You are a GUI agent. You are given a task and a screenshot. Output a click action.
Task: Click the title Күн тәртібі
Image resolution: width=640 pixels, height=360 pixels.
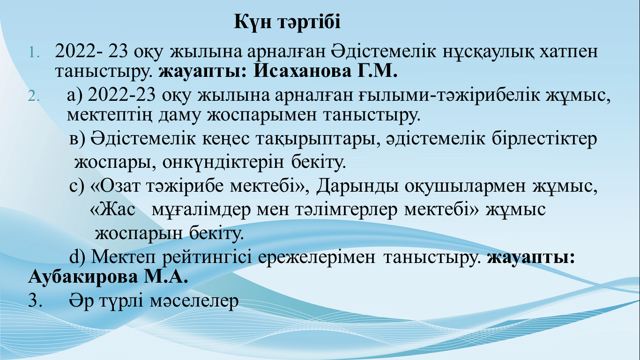coord(287,22)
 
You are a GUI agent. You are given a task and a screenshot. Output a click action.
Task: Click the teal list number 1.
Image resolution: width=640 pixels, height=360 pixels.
coord(34,52)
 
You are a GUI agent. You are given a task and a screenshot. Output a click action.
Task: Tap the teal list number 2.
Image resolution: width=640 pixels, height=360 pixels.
coord(34,96)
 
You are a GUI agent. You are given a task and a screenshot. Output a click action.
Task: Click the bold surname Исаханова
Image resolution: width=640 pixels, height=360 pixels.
coord(302,72)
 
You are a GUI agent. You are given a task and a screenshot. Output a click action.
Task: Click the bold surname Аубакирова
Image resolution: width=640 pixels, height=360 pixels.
coord(83,277)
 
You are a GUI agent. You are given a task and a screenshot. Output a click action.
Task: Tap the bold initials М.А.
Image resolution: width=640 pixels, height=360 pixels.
coord(166,277)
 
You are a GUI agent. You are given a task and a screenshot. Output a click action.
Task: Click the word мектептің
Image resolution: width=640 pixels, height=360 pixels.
coord(109,115)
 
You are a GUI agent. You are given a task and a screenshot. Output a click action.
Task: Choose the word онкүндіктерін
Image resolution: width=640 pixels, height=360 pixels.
coord(223,163)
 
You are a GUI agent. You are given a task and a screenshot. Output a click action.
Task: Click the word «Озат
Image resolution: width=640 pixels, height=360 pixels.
coord(115,186)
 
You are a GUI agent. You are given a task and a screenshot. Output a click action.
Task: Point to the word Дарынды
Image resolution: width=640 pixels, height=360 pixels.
coord(357,186)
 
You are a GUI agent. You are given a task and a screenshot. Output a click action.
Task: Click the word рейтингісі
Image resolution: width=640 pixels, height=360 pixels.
coord(207,257)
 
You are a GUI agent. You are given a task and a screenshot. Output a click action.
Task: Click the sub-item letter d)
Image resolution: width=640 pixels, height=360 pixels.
coord(77,256)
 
